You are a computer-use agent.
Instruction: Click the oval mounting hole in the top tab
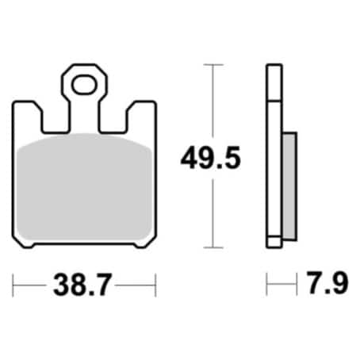pos(83,82)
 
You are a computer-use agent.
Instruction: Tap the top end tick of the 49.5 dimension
pos(212,65)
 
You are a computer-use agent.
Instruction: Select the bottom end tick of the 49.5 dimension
pos(212,247)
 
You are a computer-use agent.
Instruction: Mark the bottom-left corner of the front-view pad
pos(19,242)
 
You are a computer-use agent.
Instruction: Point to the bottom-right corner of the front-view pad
pos(150,242)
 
